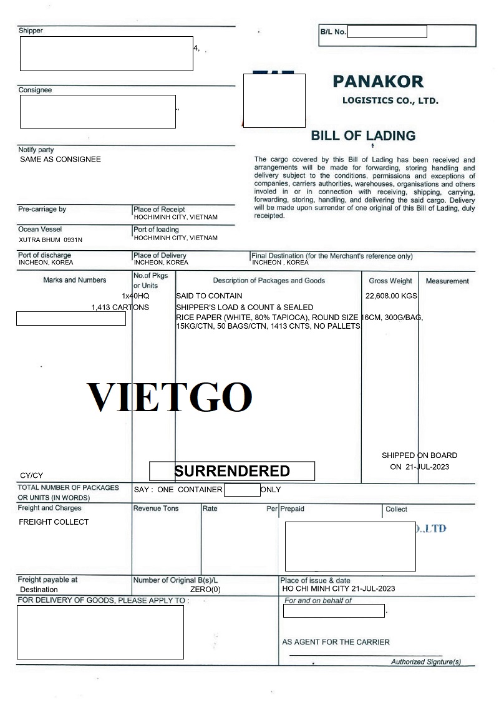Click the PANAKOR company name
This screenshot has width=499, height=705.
click(x=378, y=81)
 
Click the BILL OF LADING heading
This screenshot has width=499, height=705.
click(x=363, y=135)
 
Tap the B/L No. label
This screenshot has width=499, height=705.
click(x=333, y=32)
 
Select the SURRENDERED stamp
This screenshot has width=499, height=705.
click(x=232, y=471)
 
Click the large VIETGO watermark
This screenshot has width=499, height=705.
click(x=169, y=397)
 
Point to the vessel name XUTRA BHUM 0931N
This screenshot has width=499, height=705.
click(x=51, y=240)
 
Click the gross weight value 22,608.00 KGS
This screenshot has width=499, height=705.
click(x=392, y=296)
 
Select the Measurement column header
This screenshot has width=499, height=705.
click(x=447, y=281)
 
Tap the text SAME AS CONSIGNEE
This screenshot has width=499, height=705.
click(x=61, y=159)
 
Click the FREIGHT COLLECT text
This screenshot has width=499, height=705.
click(x=54, y=522)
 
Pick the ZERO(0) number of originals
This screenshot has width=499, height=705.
click(x=205, y=589)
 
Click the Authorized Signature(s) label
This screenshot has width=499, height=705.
click(x=426, y=662)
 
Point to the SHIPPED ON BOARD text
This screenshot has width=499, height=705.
click(x=419, y=455)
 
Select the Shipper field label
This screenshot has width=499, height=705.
click(x=31, y=31)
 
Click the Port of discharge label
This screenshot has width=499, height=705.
click(x=44, y=255)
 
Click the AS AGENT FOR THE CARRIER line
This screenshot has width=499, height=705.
click(x=336, y=642)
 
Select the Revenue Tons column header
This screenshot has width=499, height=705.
click(x=156, y=508)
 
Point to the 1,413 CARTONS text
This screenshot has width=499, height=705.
click(x=120, y=308)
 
